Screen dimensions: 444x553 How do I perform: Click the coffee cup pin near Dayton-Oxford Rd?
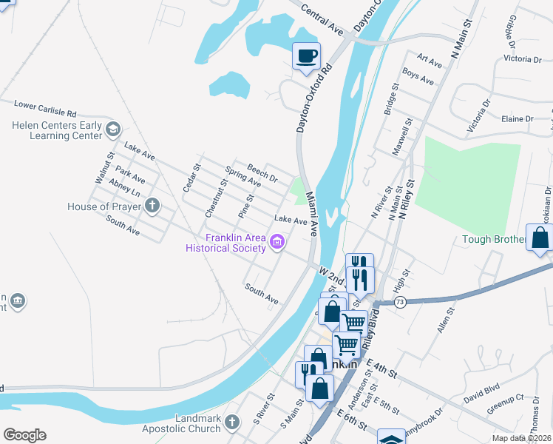[x=306, y=55]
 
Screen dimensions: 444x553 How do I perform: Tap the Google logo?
[x=24, y=435]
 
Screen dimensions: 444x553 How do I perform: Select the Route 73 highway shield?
[x=400, y=303]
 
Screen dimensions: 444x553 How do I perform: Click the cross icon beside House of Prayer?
[x=152, y=206]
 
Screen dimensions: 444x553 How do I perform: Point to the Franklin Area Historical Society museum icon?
[x=278, y=241]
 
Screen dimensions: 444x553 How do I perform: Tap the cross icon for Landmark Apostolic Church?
[x=232, y=423]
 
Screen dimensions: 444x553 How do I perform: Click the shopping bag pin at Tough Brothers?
[x=540, y=238]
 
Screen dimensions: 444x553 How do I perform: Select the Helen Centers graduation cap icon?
[x=112, y=130]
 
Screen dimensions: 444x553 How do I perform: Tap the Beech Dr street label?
[x=262, y=175]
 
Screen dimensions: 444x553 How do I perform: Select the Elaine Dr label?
[x=518, y=118]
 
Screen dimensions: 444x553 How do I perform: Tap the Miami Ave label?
[x=311, y=216]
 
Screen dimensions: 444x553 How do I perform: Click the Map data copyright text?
[x=522, y=437]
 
